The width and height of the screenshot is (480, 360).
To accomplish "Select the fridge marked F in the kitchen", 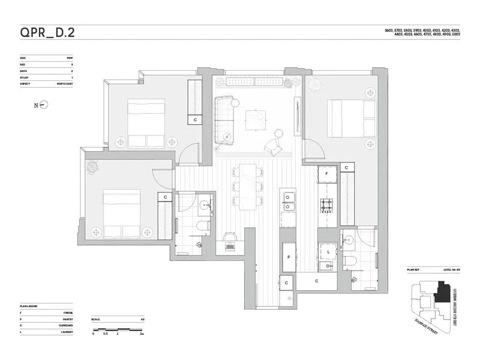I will pos(327,174).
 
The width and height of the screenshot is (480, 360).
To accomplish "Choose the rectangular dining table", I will pos(248,186).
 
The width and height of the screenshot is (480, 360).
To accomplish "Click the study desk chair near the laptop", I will pos(230,245).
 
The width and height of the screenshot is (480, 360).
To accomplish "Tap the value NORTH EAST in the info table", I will pos(65,83).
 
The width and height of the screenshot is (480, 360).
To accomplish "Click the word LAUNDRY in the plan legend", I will pos(67,332).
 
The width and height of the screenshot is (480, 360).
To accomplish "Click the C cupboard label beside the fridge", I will pos(347,167).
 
